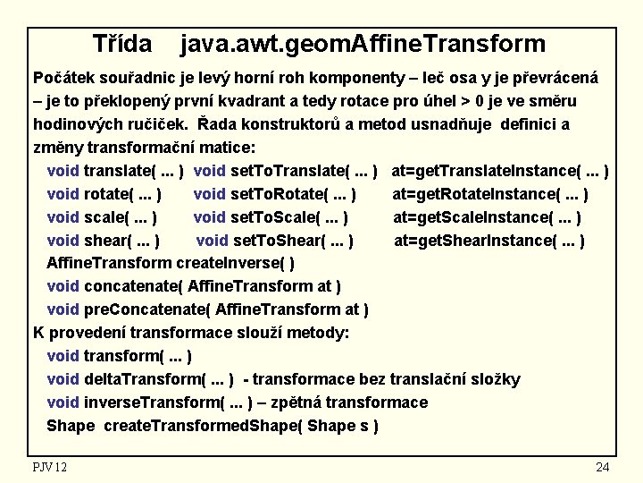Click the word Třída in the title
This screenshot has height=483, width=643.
[122, 43]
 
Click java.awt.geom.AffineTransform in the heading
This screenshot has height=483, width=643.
[363, 43]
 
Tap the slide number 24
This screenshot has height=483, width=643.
[602, 467]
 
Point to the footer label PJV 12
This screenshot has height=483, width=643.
[50, 467]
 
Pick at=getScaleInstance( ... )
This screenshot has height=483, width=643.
[488, 217]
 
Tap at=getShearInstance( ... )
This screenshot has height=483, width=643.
[489, 241]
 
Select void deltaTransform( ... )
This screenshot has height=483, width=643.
[140, 380]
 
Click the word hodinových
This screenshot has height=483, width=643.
[73, 124]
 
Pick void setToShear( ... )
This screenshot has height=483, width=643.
[274, 241]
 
